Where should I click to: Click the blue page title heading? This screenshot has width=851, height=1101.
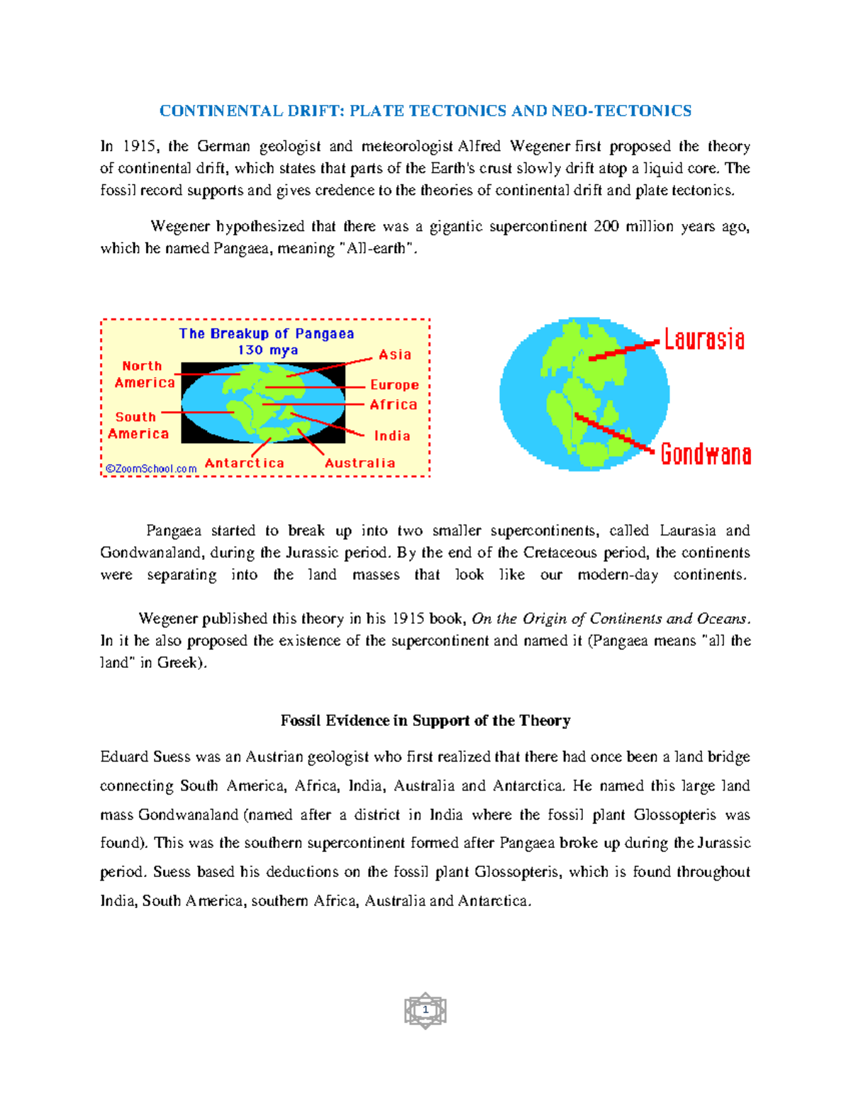coord(425,111)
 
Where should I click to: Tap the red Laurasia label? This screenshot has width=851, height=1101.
coord(703,340)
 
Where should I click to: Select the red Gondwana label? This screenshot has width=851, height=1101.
coord(705,454)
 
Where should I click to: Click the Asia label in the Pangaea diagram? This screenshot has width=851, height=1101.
coord(394,354)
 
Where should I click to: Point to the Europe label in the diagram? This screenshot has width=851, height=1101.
coord(394,385)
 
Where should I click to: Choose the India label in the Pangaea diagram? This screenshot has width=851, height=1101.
coord(392,436)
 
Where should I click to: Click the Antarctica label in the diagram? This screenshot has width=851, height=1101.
coord(244,463)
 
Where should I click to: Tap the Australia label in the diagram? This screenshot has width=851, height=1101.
coord(360,463)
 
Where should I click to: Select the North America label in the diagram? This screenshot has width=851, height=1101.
coord(144,374)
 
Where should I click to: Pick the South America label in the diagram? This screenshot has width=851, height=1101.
coord(138,425)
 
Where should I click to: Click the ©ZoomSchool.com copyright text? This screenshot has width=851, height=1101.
coord(151,469)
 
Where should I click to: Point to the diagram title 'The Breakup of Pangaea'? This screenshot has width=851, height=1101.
coord(266,333)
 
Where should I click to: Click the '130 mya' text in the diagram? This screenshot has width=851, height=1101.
coord(267,350)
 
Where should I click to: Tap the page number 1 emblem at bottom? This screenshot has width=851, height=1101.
coord(425,1010)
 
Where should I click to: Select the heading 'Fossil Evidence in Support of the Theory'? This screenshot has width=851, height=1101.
coord(425,720)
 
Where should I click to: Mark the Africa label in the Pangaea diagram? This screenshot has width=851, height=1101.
coord(393,405)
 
